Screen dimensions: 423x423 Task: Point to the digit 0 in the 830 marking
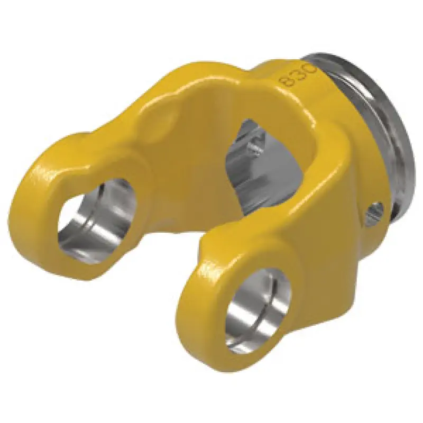point(311,68)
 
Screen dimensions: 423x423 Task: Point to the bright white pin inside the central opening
point(254,147)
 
